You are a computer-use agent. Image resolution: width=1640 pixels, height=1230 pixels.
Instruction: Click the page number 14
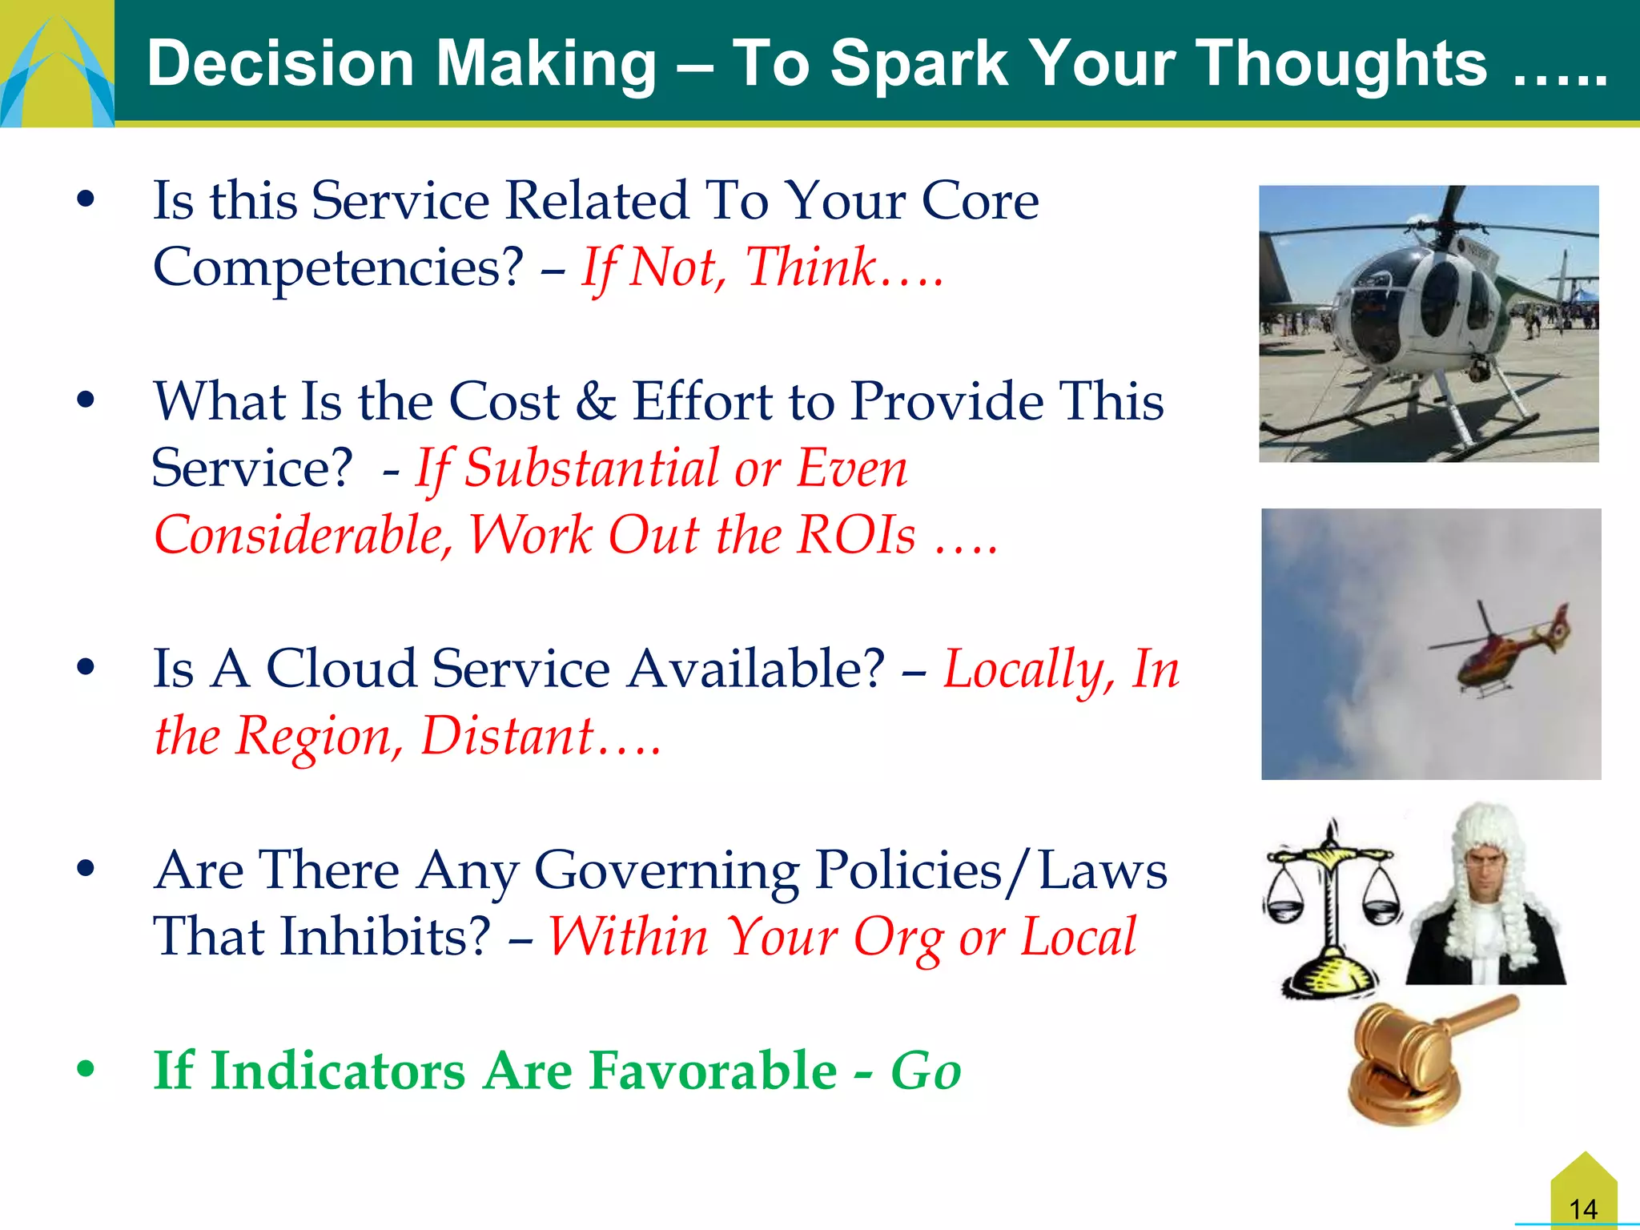click(x=1583, y=1208)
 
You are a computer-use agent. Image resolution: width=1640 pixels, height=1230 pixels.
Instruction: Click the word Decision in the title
click(x=280, y=64)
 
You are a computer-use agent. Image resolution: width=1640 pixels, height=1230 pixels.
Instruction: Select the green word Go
click(x=926, y=1071)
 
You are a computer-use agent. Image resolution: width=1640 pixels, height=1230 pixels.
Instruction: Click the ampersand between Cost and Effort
click(x=596, y=402)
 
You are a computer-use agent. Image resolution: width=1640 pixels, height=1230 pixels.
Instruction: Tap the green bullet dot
click(x=86, y=1068)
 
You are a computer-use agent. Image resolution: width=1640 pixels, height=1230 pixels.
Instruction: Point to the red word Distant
click(x=508, y=736)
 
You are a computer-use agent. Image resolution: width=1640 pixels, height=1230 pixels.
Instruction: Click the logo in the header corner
click(x=56, y=64)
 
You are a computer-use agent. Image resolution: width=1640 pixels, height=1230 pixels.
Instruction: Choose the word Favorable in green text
click(x=713, y=1071)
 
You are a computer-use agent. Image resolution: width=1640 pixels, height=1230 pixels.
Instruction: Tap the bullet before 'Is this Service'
click(x=86, y=199)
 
